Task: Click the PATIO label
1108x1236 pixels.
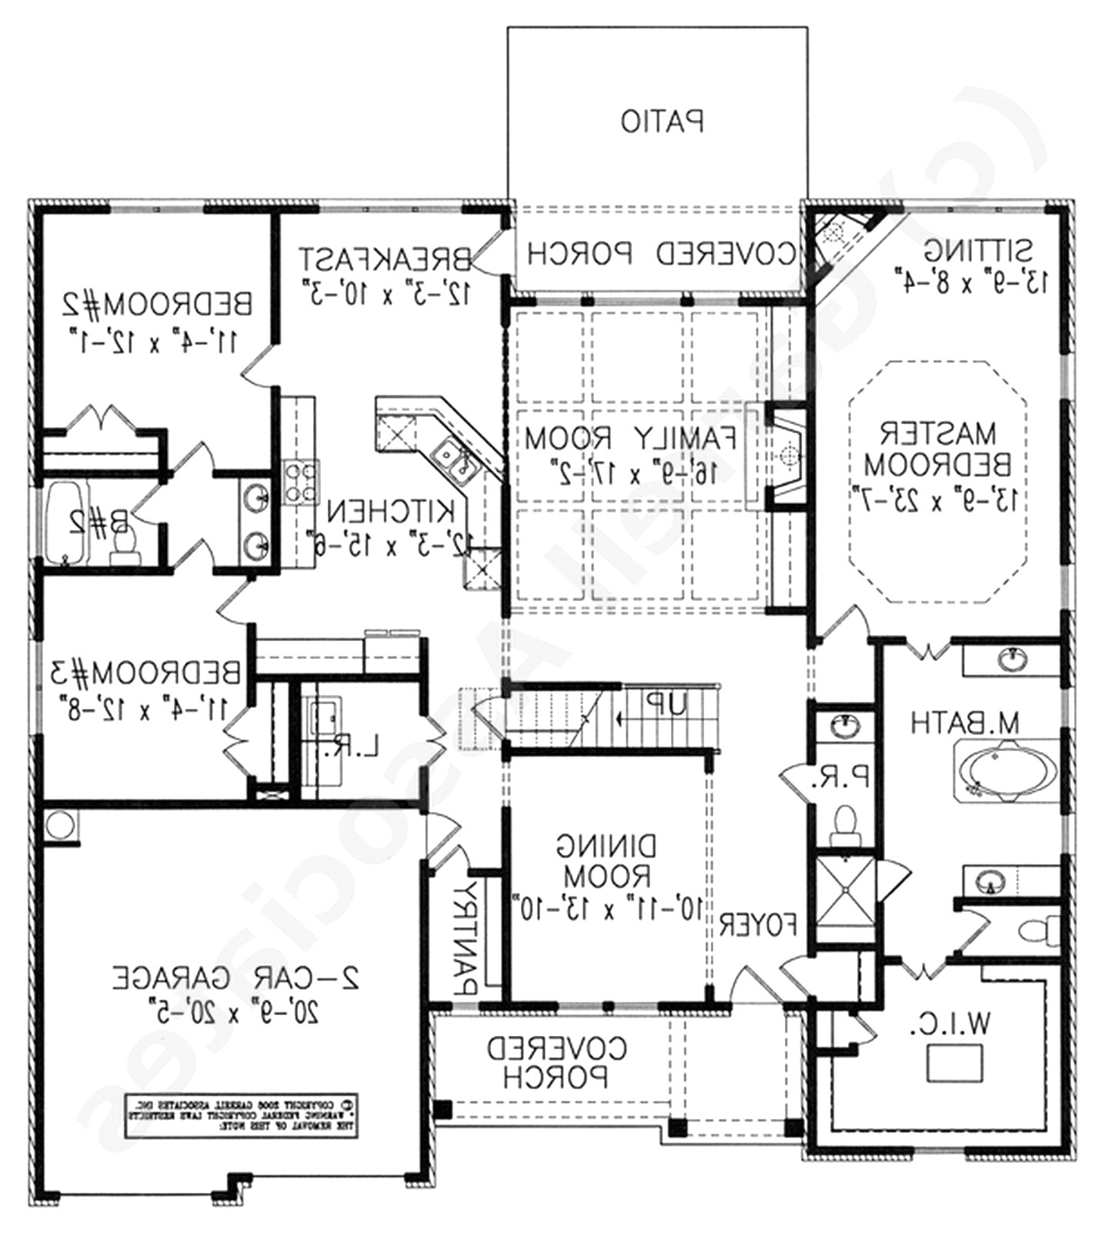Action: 662,122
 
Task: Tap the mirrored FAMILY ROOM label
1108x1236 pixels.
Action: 631,438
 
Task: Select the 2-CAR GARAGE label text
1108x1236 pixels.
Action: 236,977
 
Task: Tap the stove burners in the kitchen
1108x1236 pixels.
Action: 299,483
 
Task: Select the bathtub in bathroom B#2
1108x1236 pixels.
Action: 65,523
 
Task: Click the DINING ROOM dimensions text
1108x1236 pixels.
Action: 607,909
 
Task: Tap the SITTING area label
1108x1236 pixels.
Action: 978,250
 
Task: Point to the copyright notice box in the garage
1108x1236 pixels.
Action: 242,1114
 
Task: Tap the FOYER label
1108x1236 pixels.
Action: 758,924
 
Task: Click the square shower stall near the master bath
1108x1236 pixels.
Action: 845,891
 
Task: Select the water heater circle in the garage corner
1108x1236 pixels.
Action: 58,824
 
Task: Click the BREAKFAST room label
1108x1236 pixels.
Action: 385,259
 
